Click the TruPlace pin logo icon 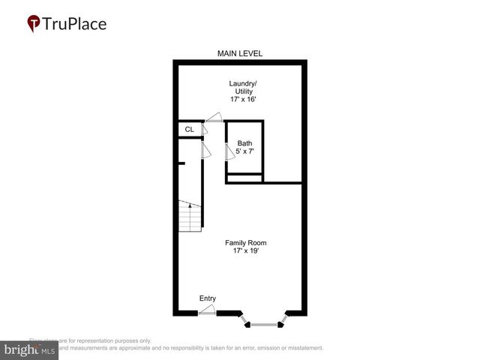(34, 24)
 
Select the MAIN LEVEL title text (240, 53)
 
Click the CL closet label (189, 130)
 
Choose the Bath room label (244, 143)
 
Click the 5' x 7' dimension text (244, 151)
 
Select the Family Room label (246, 242)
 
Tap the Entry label (208, 298)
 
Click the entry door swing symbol (208, 309)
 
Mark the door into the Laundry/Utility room (214, 117)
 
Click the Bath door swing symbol (230, 151)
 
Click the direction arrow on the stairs (190, 204)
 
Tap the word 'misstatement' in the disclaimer (303, 348)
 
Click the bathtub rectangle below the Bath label (244, 178)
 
